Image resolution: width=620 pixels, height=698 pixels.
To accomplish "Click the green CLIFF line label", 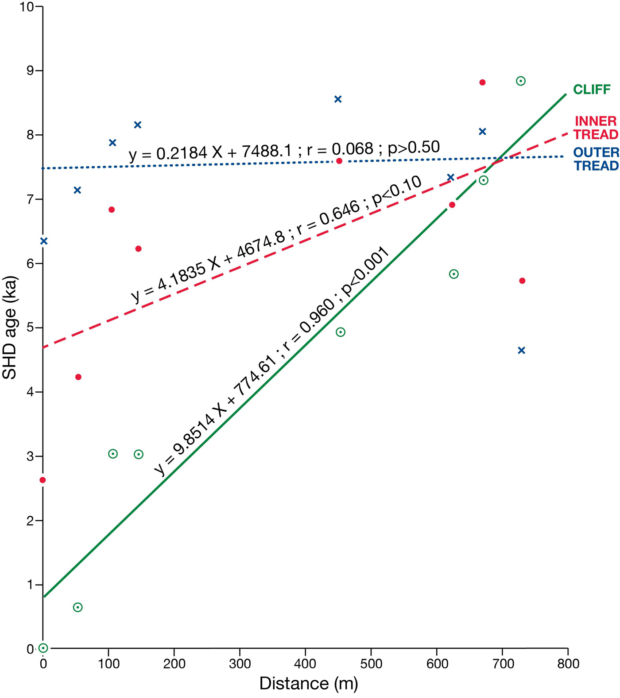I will (x=592, y=90).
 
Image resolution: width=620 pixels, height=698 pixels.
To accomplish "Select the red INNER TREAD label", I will (x=596, y=128).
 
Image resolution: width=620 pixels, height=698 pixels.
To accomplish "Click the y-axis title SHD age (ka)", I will (x=9, y=328).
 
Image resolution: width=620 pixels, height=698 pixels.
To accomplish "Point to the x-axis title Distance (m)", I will (x=308, y=683).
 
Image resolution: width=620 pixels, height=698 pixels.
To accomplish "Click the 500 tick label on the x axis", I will (x=371, y=663).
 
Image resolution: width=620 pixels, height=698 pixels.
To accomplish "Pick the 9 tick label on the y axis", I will (x=30, y=71).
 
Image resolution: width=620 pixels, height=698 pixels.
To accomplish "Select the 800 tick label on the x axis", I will (x=568, y=663).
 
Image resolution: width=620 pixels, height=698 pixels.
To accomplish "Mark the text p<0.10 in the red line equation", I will (x=396, y=191).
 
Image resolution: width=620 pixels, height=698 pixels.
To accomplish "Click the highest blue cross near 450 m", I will (x=338, y=99).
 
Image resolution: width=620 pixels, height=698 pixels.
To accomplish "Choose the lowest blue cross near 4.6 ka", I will (x=521, y=351).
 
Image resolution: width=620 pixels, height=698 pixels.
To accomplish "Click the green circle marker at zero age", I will (x=43, y=648).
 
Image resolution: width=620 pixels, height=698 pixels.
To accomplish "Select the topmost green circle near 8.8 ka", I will (x=521, y=81).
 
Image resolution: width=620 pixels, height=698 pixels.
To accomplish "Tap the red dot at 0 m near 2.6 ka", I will (x=43, y=480).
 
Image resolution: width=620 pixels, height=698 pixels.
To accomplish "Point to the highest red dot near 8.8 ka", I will (x=482, y=82).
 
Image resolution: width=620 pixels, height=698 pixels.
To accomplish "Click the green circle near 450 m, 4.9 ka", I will (x=341, y=332).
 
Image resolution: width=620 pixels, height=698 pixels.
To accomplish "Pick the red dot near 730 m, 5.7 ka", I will (x=522, y=281).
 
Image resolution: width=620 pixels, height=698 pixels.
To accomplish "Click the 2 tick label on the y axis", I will (x=30, y=521).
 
